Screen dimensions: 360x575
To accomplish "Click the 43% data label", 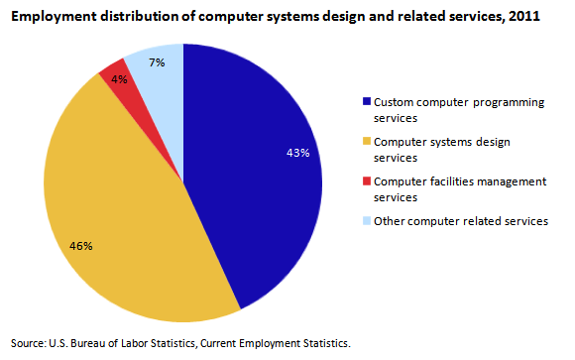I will click(x=298, y=153).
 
